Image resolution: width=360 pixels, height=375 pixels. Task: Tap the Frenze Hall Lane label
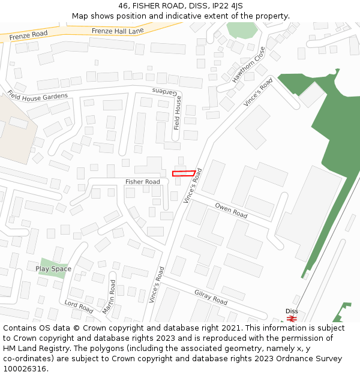pos(118,30)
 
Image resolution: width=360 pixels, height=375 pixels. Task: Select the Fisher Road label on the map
pos(143,182)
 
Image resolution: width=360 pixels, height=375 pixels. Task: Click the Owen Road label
pos(231,211)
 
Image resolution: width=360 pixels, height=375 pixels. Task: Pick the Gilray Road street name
pos(211,297)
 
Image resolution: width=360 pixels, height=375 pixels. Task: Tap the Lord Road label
pos(79,307)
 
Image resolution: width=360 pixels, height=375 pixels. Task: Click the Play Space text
pos(53,269)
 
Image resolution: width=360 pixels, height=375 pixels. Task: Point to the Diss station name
pos(292,311)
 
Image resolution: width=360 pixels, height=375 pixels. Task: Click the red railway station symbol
pos(292,319)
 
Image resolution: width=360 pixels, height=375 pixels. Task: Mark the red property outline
pos(184,173)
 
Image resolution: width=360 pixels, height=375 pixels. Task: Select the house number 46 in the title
pos(124,6)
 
